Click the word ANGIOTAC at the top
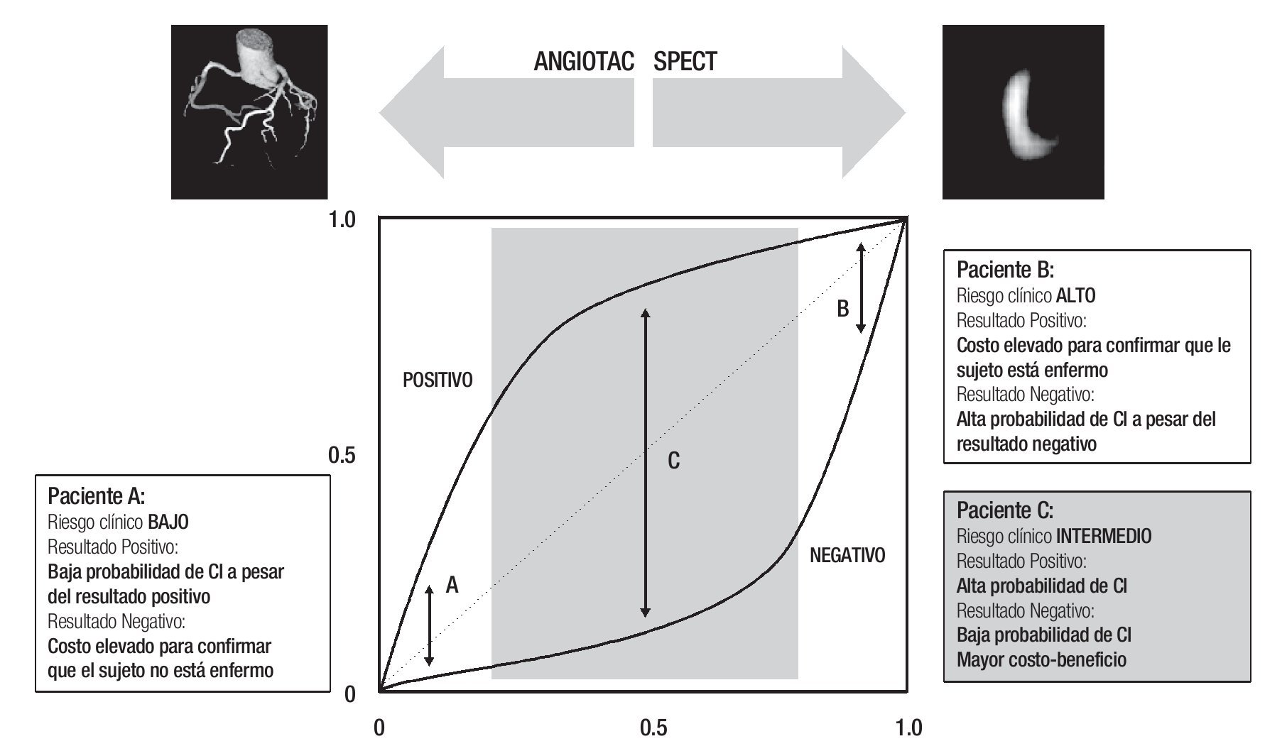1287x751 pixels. tap(583, 62)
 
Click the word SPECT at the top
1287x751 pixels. tap(685, 62)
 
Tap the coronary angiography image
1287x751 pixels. tap(249, 111)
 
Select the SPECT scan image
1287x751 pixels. tap(1023, 111)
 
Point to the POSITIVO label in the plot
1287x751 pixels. tap(437, 380)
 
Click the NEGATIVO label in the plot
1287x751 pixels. tap(847, 555)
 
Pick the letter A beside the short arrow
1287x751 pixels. tap(452, 585)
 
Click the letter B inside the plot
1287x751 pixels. tap(842, 309)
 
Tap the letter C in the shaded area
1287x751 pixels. tap(673, 461)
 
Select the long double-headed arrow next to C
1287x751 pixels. tap(645, 461)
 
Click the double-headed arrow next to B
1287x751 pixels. tap(861, 287)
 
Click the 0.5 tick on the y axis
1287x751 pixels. tap(341, 456)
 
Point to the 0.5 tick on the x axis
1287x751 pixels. tap(653, 728)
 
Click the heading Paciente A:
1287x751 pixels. tap(96, 495)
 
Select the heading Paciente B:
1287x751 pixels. tap(1005, 270)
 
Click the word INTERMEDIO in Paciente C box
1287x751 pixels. tap(1104, 536)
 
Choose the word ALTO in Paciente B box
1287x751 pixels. tap(1075, 295)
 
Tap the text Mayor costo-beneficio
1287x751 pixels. tap(1041, 659)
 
